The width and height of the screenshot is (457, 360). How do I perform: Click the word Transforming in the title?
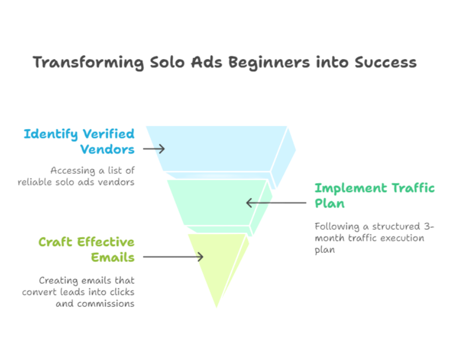point(88,63)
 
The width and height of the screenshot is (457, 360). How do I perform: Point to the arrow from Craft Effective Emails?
point(172,257)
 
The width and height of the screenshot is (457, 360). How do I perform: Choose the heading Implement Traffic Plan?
point(374,196)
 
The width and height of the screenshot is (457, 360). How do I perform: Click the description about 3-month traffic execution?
point(374,238)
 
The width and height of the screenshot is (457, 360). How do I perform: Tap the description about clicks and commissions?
point(79,292)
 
